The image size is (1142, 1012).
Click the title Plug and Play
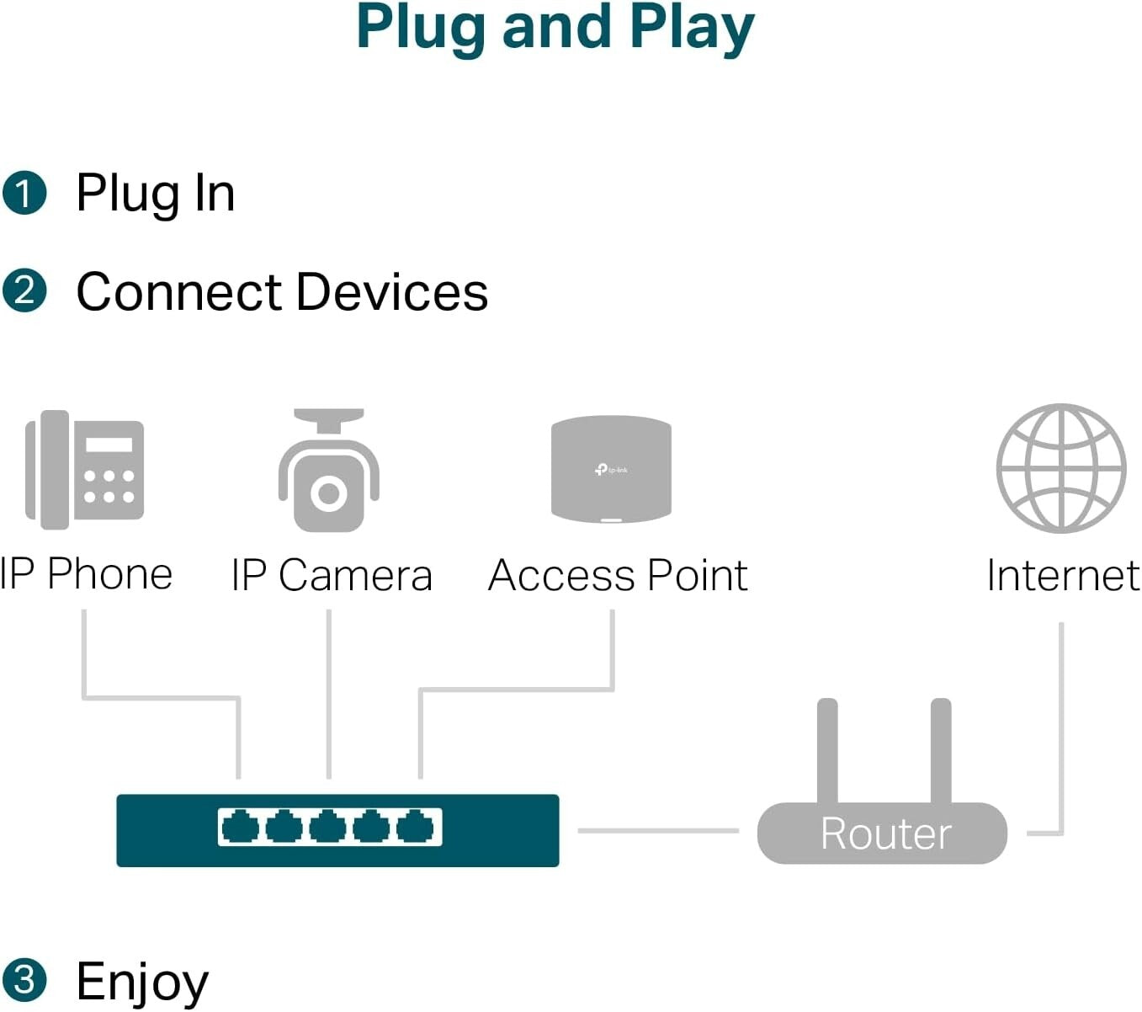(555, 29)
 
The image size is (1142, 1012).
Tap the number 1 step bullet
(24, 193)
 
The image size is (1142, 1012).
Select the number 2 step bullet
(24, 291)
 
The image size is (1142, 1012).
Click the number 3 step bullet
(24, 980)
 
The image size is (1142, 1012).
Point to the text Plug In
(155, 193)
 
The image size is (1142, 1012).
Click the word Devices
(391, 292)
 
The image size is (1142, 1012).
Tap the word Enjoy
(142, 981)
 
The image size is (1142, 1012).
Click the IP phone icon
(84, 469)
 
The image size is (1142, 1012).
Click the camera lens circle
(328, 493)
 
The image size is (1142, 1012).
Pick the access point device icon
(611, 468)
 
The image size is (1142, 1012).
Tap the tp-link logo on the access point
(611, 469)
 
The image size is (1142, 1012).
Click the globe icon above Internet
(1061, 468)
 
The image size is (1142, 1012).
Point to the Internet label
(1062, 576)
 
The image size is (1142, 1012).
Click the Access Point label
(618, 576)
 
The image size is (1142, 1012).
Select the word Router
(885, 834)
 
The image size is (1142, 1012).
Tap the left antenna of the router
(827, 749)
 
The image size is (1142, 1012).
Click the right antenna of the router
(941, 749)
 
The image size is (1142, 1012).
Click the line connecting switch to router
(657, 831)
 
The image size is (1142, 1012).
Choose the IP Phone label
(86, 574)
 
